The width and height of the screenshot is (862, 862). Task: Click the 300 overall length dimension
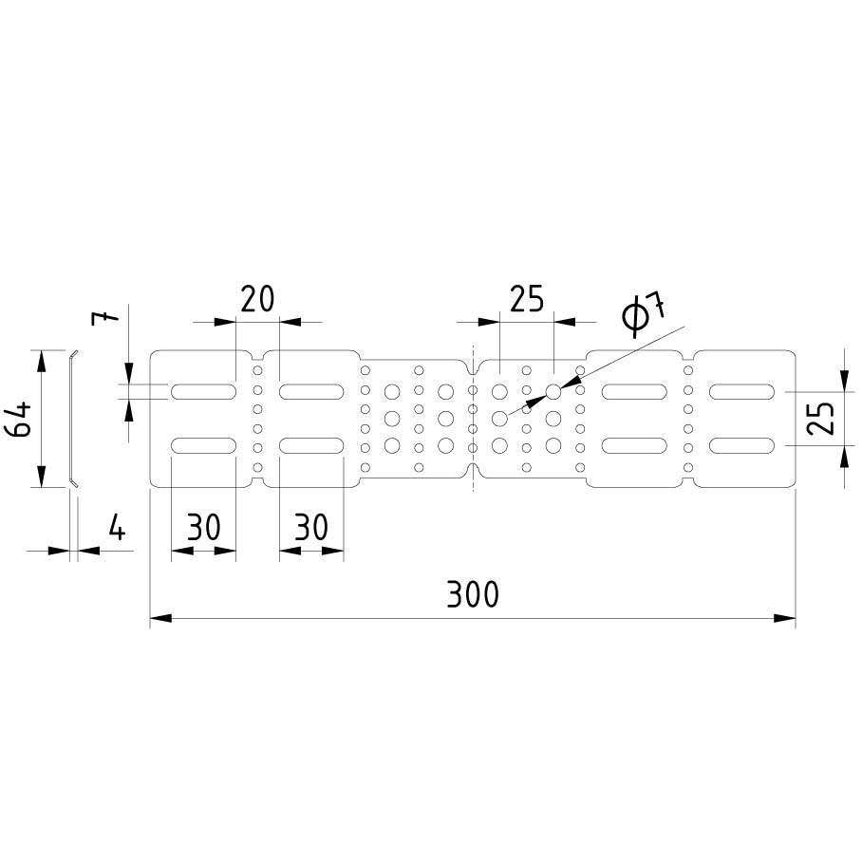[x=472, y=594]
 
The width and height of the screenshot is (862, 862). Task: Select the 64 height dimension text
[x=21, y=418]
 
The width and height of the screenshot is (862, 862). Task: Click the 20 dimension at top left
[x=256, y=299]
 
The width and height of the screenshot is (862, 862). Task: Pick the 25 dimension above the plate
[x=526, y=299]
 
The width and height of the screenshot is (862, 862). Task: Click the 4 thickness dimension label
[x=116, y=527]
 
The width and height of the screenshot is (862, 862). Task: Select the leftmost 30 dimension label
[x=203, y=527]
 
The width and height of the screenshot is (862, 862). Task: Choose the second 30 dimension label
[x=311, y=527]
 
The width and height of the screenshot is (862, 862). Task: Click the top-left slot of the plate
[x=203, y=391]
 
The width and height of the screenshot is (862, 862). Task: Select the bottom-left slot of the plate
[x=203, y=445]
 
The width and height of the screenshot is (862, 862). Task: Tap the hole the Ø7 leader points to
[x=553, y=391]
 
